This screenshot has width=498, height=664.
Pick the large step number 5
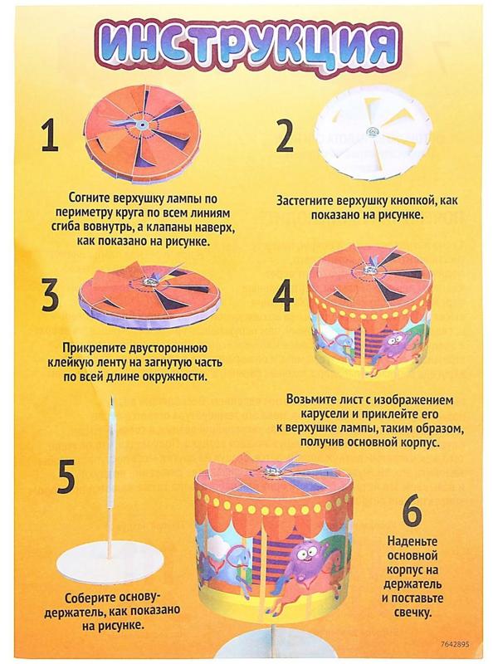[67, 477]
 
